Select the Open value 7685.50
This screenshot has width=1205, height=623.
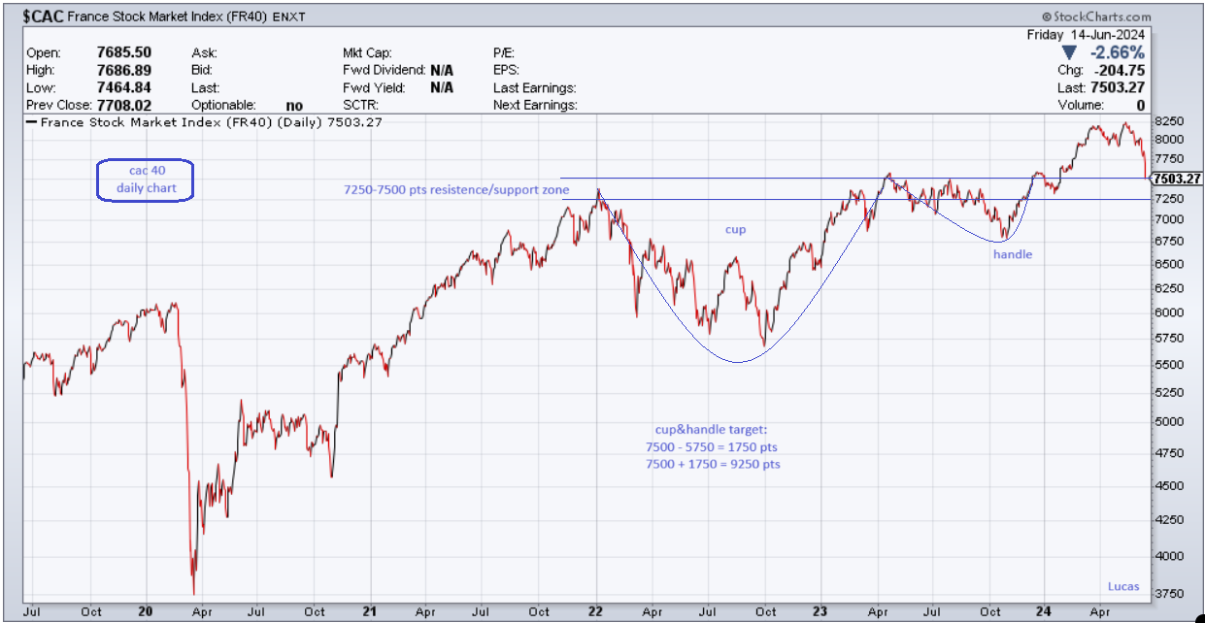(124, 52)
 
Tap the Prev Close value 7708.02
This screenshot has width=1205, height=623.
(124, 105)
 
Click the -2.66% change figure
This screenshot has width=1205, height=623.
(1117, 52)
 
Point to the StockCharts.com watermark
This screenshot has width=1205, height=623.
(1096, 16)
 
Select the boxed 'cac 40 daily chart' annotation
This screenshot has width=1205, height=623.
(146, 180)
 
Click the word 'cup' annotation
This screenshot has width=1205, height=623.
(737, 230)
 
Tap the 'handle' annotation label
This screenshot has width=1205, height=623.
(1012, 254)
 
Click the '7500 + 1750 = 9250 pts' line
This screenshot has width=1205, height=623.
(713, 465)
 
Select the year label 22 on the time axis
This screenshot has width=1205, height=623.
(595, 611)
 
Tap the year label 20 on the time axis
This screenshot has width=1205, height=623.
(146, 611)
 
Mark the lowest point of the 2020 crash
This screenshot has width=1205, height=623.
(193, 593)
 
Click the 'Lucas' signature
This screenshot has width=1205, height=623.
(1124, 586)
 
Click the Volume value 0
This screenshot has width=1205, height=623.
(1140, 105)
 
